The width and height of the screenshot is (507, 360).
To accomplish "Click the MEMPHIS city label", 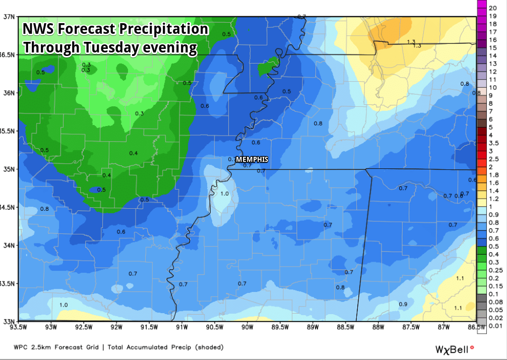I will coord(252,159).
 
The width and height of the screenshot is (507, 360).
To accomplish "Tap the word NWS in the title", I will coord(38,29).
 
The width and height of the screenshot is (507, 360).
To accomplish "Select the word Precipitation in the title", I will coord(164,29).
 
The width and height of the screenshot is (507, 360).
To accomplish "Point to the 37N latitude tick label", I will coord(9,16).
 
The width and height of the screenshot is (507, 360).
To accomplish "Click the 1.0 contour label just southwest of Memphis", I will coord(224,194).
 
